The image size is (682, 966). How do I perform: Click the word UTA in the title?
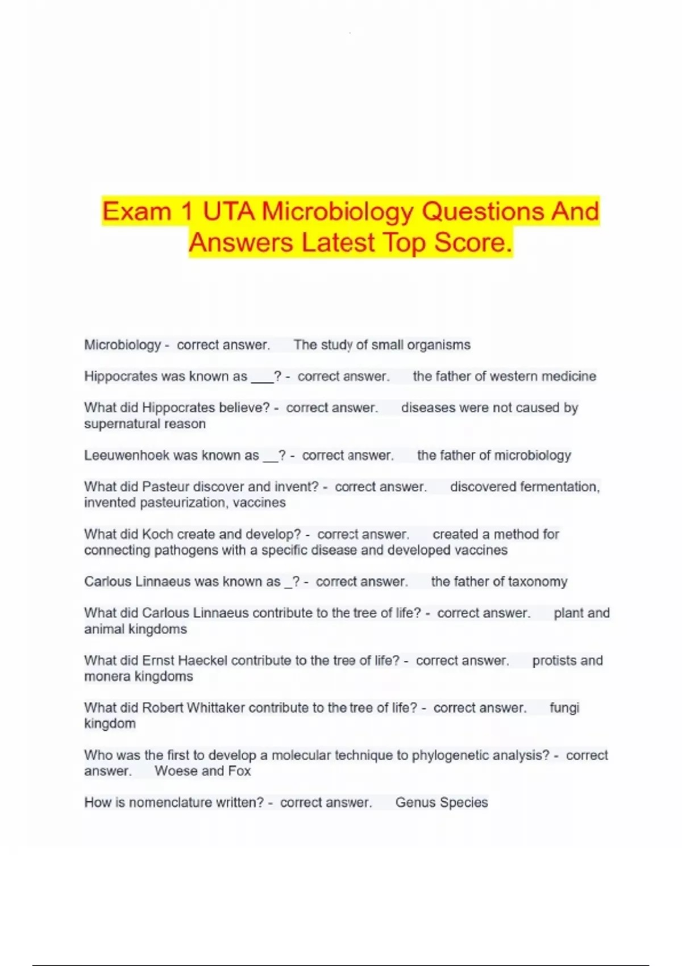(228, 211)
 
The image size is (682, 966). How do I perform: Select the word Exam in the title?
(136, 211)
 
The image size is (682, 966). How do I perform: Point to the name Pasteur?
(165, 487)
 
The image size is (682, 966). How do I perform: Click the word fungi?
(564, 708)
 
